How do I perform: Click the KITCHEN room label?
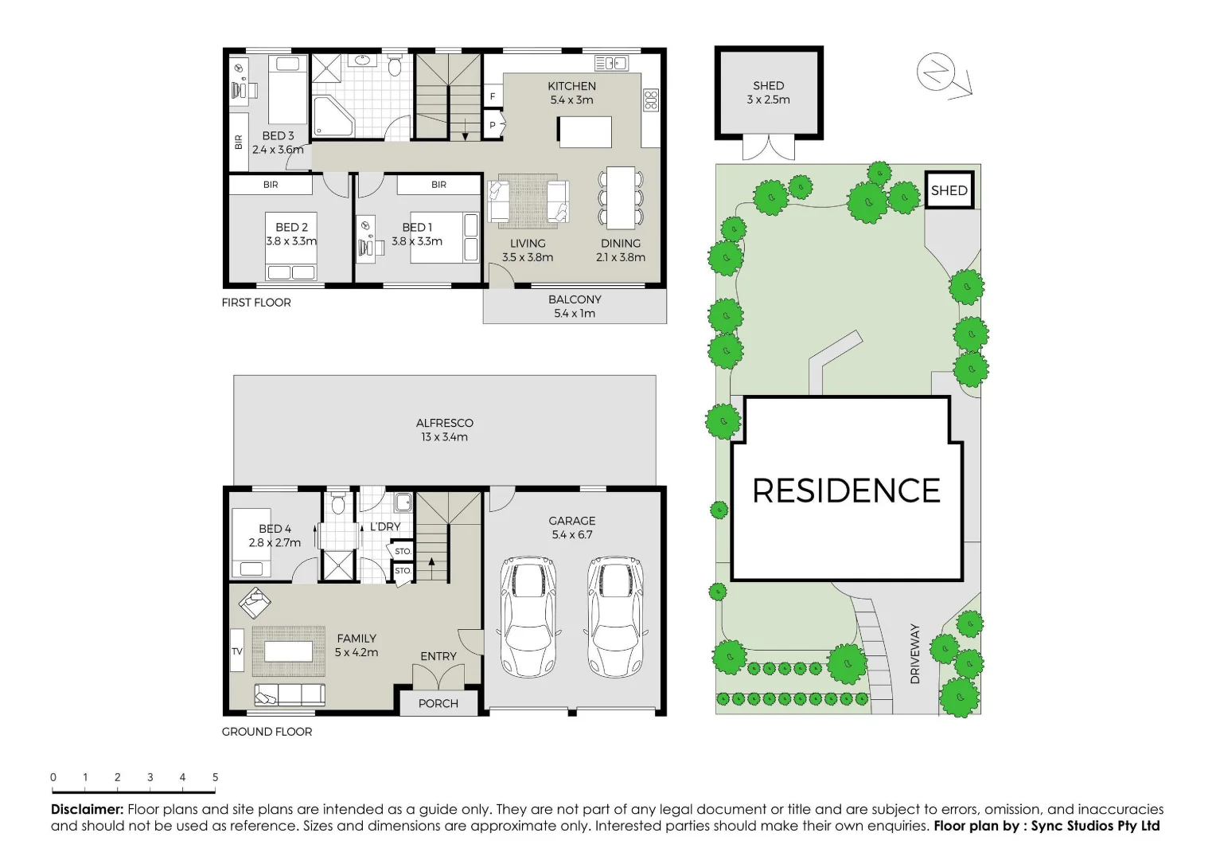(571, 86)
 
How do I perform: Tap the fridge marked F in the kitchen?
(493, 96)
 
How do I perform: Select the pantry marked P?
(493, 125)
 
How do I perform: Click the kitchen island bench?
(584, 131)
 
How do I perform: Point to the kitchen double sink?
(610, 63)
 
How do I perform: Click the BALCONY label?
(575, 299)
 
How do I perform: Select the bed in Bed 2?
(291, 246)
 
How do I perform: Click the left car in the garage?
(528, 616)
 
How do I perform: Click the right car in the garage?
(614, 616)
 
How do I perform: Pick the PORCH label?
(438, 703)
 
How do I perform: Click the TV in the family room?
(237, 651)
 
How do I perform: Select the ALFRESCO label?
(444, 423)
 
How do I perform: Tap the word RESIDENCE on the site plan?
(847, 491)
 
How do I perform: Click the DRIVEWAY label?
(915, 654)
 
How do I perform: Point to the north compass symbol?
(937, 72)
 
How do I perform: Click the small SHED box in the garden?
(949, 190)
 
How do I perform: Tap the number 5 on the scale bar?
(215, 777)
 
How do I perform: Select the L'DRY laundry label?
(385, 527)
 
